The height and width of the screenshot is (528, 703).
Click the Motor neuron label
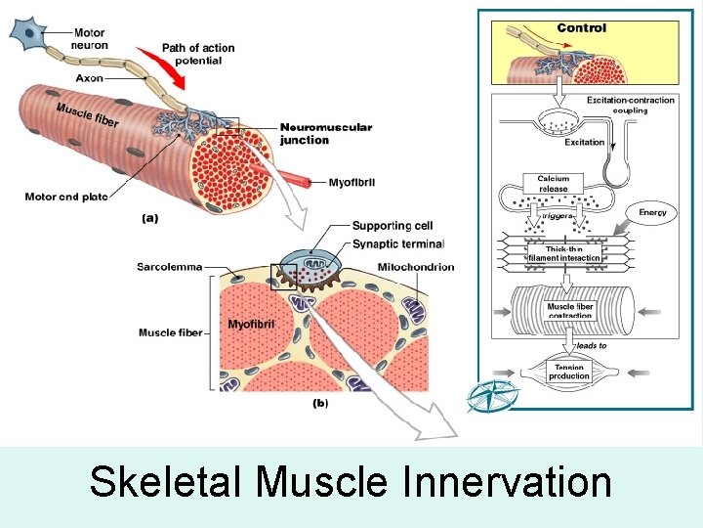point(90,39)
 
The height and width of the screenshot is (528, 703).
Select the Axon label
point(89,76)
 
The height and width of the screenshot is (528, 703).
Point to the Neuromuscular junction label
point(326,134)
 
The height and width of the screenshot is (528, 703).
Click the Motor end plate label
point(66,197)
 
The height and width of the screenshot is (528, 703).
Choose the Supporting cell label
point(392,225)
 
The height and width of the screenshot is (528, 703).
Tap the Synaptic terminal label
point(397,243)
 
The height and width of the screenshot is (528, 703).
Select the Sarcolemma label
point(170,266)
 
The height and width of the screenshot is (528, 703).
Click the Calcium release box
point(553,184)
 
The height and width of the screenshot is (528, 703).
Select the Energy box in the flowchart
point(652,212)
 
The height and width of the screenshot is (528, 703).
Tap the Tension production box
point(568,372)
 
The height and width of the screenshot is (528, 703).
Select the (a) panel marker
point(148,219)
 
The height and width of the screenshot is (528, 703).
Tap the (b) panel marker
point(319,402)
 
